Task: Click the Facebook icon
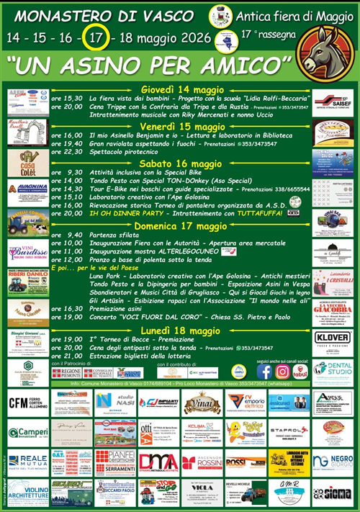tap(265, 371)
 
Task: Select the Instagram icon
tap(283, 371)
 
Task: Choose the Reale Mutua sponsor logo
tap(27, 461)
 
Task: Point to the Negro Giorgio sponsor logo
tap(332, 461)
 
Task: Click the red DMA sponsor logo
tap(158, 461)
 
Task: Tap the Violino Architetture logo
tap(27, 492)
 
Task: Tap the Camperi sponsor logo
tap(27, 432)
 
